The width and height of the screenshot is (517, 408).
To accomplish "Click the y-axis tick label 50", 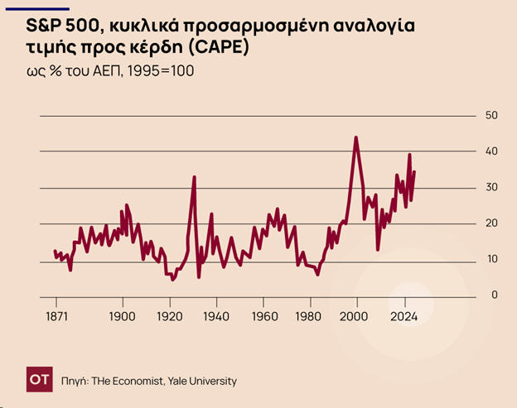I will [x=491, y=115].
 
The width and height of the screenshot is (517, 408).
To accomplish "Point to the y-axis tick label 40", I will [x=491, y=151].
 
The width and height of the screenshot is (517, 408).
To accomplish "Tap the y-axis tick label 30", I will [x=491, y=187].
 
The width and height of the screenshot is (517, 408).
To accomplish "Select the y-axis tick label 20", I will [x=491, y=223].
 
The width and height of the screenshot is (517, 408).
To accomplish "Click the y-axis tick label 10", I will [x=491, y=259].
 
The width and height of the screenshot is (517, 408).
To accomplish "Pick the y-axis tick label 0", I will [x=495, y=295].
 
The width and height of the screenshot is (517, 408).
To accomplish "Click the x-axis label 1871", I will [x=56, y=316].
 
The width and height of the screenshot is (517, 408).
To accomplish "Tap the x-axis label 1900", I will [x=122, y=316].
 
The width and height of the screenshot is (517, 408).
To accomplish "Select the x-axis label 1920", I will [x=169, y=316].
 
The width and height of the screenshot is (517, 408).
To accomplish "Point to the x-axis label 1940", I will [x=216, y=316].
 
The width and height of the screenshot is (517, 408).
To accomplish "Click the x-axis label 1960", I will [x=264, y=316].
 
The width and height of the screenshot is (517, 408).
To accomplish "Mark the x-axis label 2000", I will [x=357, y=316].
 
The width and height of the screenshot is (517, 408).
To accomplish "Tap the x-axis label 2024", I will [x=405, y=316].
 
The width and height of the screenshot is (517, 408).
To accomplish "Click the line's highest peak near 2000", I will [x=356, y=138].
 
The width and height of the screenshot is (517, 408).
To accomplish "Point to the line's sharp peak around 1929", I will [x=194, y=177].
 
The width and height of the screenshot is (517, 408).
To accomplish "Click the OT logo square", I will [x=38, y=381].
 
